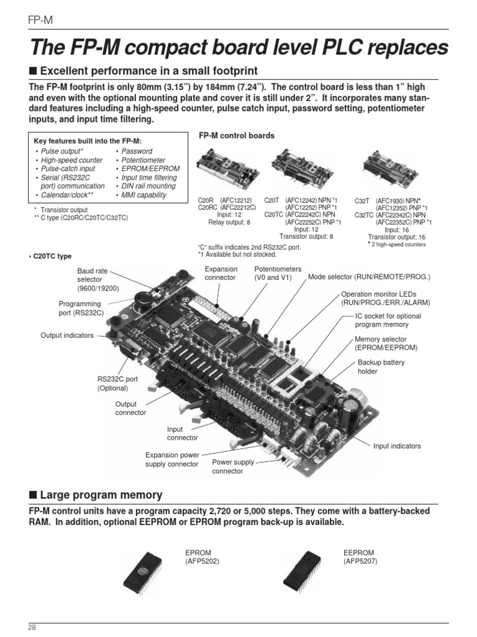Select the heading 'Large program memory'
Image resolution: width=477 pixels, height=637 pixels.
click(x=101, y=495)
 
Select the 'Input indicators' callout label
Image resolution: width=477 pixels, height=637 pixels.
click(x=396, y=446)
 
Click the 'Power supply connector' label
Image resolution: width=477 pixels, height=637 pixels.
click(x=233, y=467)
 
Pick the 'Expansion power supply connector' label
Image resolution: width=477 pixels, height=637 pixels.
click(x=172, y=459)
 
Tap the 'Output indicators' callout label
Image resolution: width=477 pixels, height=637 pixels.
click(x=67, y=335)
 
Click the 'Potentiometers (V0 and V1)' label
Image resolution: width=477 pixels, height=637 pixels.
click(x=278, y=273)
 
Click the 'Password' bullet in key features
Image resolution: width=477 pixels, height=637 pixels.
click(x=136, y=151)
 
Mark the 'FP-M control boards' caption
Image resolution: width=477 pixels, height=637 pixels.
click(x=236, y=136)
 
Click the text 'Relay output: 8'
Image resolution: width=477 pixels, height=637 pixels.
click(x=229, y=221)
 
